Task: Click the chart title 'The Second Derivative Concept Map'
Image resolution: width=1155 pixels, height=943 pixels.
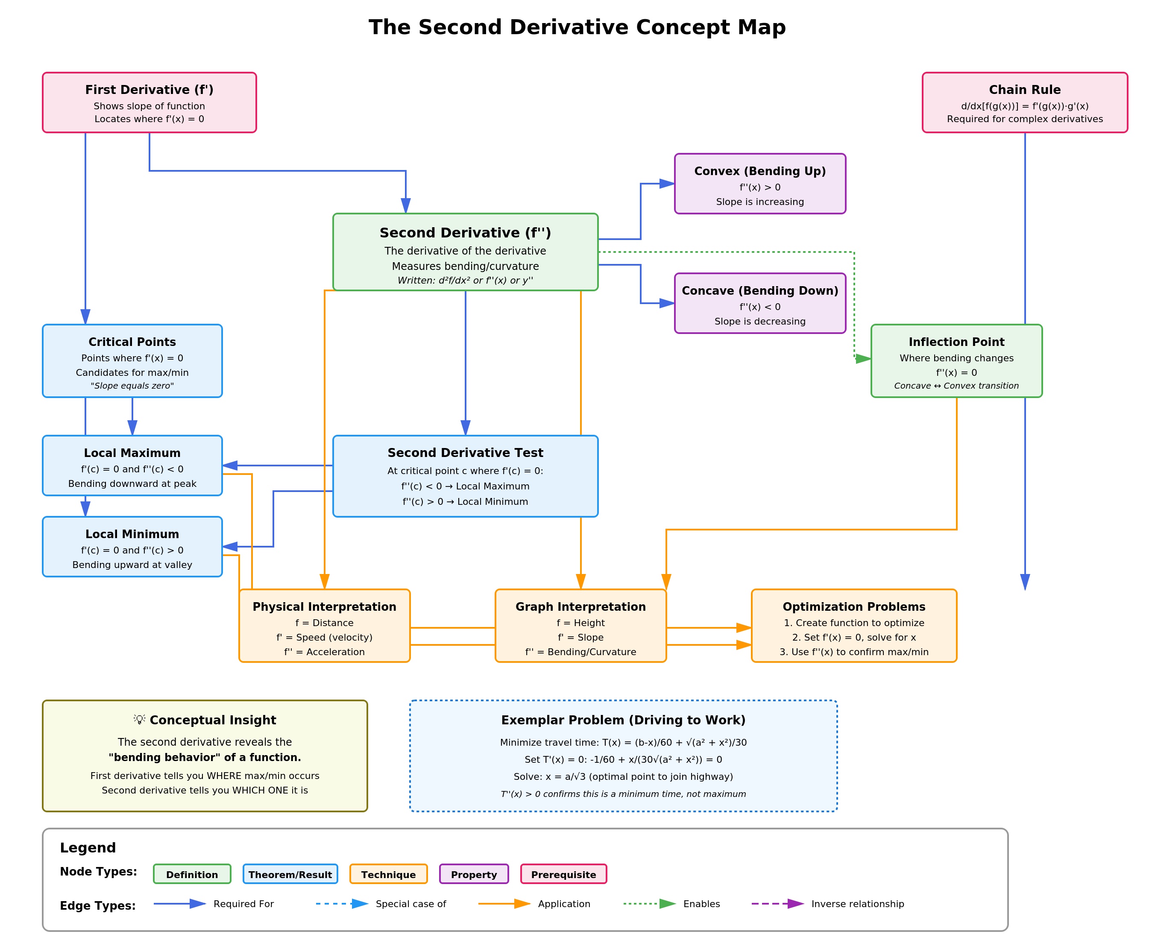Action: (577, 27)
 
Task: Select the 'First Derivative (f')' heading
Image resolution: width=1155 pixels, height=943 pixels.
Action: (150, 90)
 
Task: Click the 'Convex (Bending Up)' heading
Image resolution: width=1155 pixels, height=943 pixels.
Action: (759, 171)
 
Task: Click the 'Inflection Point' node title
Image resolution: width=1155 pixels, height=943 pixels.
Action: (956, 342)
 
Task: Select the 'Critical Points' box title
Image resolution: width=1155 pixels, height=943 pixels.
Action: (132, 342)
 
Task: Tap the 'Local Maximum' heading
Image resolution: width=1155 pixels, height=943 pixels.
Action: (132, 453)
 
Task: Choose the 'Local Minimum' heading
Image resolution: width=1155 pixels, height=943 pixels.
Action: (132, 534)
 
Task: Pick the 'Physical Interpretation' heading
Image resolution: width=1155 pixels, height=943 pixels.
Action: (324, 607)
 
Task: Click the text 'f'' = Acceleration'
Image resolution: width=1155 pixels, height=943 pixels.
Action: (324, 652)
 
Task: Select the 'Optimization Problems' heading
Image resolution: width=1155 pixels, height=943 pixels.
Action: (853, 607)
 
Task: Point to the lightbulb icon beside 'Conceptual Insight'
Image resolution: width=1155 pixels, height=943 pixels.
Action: (140, 719)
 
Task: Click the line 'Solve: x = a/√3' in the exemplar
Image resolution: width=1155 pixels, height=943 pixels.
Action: (623, 777)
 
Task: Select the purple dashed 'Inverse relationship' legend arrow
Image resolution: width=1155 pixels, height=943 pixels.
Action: (777, 904)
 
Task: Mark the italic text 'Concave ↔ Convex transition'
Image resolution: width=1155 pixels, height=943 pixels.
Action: (956, 386)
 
